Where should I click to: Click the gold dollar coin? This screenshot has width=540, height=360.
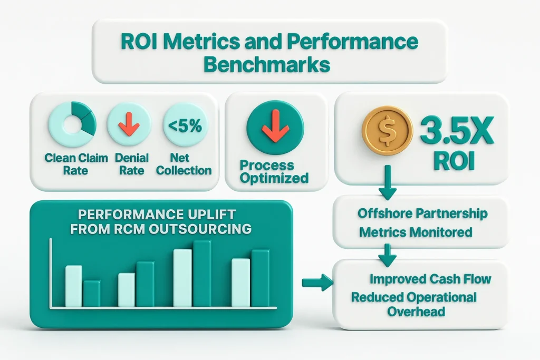[x=387, y=130]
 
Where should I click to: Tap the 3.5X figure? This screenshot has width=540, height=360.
[x=457, y=131]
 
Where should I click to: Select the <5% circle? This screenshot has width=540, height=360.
[x=185, y=125]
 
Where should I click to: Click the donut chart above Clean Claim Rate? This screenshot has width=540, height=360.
[x=72, y=124]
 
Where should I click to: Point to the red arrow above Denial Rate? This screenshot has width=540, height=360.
[x=129, y=124]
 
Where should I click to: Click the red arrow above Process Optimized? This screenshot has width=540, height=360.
[x=275, y=125]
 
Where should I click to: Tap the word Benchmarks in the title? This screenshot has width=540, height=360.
[x=267, y=65]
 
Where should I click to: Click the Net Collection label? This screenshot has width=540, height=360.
[x=184, y=164]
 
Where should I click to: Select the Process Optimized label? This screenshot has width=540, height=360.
[x=274, y=171]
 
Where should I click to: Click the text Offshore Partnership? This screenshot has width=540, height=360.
[x=422, y=213]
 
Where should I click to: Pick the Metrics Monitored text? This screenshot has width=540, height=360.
[x=416, y=232]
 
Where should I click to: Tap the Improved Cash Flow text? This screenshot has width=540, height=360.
[x=430, y=279]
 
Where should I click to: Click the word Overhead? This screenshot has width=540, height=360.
[x=416, y=312]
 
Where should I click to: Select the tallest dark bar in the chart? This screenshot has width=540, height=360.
[x=202, y=273]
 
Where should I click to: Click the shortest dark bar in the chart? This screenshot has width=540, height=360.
[x=92, y=293]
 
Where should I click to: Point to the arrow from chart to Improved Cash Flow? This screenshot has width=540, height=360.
[x=317, y=283]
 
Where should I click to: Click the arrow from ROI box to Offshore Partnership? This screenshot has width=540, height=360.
[x=388, y=182]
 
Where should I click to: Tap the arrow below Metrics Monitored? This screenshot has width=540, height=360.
[x=388, y=255]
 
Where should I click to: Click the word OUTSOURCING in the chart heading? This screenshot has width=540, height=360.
[x=200, y=229]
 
